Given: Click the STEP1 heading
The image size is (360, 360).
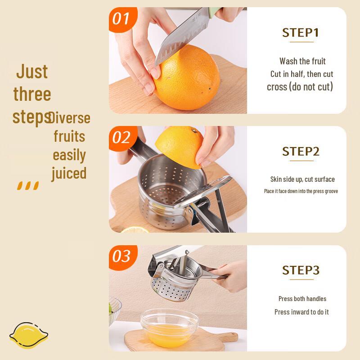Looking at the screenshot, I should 300,33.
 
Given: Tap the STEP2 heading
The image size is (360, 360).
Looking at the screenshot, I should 300,151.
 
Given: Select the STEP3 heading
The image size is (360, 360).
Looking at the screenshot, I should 300,270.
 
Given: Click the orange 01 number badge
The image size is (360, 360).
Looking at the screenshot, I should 121,19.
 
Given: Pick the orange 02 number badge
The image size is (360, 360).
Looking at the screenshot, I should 121,138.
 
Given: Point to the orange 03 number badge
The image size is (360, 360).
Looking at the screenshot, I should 121,256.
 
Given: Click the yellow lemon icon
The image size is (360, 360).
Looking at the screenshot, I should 28,335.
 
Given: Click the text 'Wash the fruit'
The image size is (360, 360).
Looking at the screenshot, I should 302,61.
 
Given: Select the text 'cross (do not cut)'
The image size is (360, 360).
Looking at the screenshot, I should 300,87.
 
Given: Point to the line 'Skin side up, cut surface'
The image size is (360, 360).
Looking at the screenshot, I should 302,180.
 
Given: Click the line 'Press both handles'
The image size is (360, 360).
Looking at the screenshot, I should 302,299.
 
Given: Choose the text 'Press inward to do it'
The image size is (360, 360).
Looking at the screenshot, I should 301,312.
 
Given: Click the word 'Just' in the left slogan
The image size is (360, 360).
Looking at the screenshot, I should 32,72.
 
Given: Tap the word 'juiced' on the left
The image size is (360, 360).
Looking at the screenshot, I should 68,173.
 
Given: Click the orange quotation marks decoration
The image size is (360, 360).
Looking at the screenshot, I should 28,185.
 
